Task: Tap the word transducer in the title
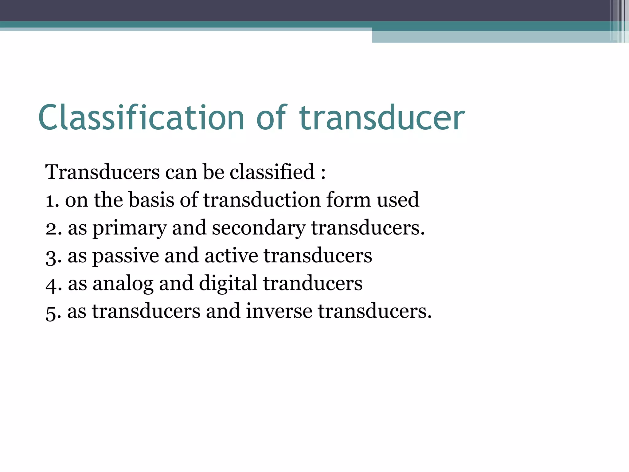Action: (x=382, y=118)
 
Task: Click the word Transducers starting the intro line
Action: (x=102, y=172)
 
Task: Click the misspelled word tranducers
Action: (x=313, y=283)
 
